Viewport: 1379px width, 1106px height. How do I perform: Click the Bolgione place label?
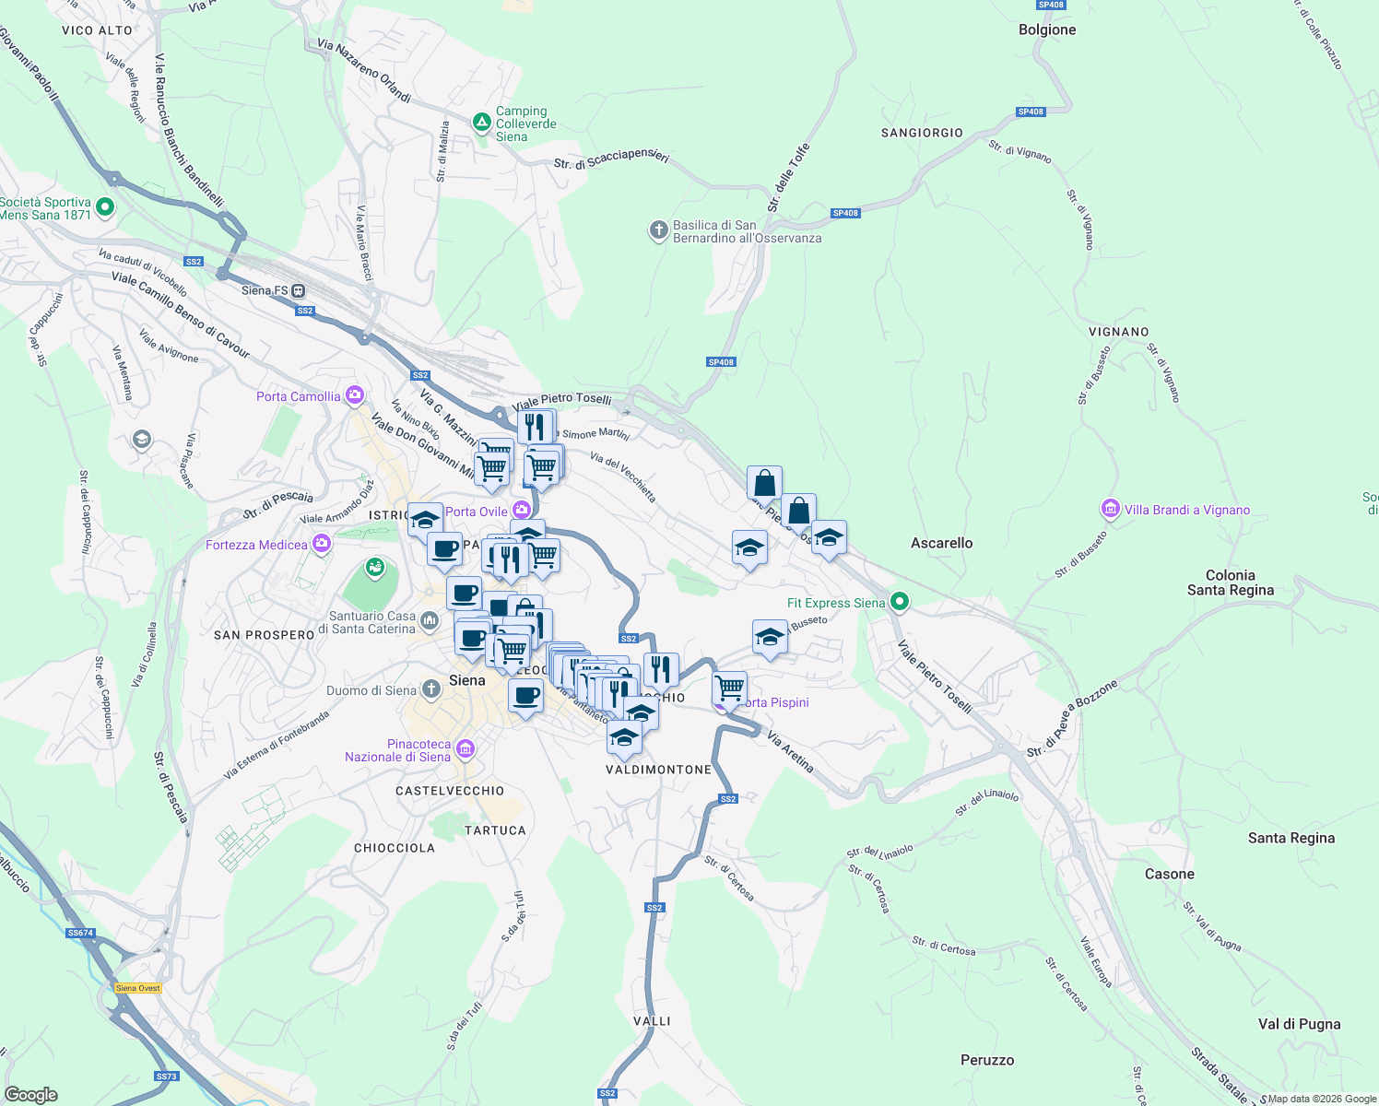(1047, 29)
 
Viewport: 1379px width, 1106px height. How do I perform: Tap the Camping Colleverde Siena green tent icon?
(481, 123)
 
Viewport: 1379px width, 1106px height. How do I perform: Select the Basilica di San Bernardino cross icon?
(658, 230)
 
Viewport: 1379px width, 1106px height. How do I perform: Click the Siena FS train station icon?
(299, 290)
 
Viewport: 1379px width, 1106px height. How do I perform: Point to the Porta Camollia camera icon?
(354, 396)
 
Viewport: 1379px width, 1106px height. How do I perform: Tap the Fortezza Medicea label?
(256, 545)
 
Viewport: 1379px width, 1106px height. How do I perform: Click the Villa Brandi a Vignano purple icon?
(1110, 509)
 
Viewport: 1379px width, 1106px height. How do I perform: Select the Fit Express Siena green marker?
(900, 603)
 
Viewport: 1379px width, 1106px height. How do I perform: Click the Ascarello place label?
(941, 543)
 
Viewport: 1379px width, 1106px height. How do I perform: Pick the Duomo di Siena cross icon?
(430, 689)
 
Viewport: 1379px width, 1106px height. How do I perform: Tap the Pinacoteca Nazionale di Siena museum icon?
(465, 749)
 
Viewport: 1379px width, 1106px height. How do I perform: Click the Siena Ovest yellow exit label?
(138, 988)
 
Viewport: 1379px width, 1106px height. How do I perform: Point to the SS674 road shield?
(80, 933)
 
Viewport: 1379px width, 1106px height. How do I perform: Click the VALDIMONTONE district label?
(658, 770)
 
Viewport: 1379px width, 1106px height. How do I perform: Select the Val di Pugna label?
(1299, 1024)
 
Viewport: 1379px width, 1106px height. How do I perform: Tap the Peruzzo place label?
(987, 1060)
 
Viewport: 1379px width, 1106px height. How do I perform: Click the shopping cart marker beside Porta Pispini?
(729, 687)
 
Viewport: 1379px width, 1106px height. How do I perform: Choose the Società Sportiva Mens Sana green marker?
(104, 207)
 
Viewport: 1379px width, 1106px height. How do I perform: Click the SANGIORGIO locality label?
(922, 133)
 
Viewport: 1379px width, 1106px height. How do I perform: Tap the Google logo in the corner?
(30, 1095)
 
